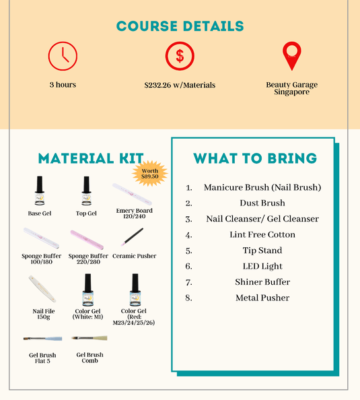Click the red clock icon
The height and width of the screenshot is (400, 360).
[63, 56]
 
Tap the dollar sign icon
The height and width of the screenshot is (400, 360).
[180, 56]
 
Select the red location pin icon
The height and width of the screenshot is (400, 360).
[291, 56]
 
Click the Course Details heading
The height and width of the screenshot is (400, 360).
[180, 26]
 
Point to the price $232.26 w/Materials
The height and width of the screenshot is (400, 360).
[180, 86]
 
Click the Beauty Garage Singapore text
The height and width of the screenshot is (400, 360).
[291, 88]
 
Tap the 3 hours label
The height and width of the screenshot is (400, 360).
[63, 85]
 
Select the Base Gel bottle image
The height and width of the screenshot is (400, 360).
[39, 191]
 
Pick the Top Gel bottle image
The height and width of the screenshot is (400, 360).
[86, 191]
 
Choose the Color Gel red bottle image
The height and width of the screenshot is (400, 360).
[134, 291]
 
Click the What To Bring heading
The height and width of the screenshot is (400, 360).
[255, 158]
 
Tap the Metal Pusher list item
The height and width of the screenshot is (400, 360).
[262, 298]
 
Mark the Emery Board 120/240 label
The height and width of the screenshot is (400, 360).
[134, 213]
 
